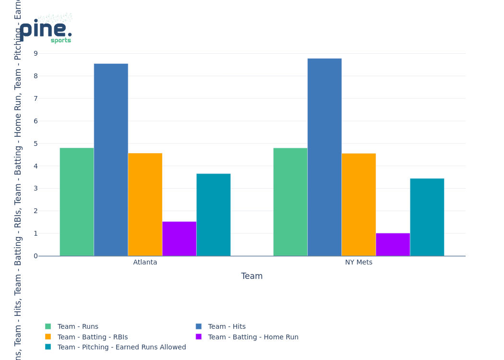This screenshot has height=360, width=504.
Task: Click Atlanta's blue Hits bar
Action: pos(111,160)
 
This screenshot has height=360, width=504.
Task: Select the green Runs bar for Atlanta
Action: pos(77,202)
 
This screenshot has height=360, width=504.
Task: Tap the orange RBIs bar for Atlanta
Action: pos(145,204)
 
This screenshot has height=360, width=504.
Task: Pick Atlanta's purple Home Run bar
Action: pos(179,239)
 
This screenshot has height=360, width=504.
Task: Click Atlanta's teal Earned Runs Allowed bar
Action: pos(213,215)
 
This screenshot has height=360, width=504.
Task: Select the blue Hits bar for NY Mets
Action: pos(324,157)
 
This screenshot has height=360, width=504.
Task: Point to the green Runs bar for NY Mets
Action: pos(290,202)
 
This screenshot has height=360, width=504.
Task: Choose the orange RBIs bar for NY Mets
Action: pos(359,204)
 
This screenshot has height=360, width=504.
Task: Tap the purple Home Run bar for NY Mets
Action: pos(393,244)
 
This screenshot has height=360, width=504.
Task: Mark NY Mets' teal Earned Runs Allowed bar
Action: pos(427,217)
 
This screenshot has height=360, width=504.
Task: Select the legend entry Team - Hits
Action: pos(227,326)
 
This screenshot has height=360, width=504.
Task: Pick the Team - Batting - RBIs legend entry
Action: pos(92,337)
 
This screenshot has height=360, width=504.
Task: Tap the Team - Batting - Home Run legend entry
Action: pos(253,337)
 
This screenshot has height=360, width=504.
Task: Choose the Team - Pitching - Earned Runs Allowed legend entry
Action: pos(121,347)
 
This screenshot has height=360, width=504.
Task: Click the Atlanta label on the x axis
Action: pos(145,263)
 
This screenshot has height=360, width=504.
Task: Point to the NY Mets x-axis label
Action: pos(359,263)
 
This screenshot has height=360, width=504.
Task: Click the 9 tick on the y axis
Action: pos(36,53)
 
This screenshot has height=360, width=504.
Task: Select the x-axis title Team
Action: pos(252,276)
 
